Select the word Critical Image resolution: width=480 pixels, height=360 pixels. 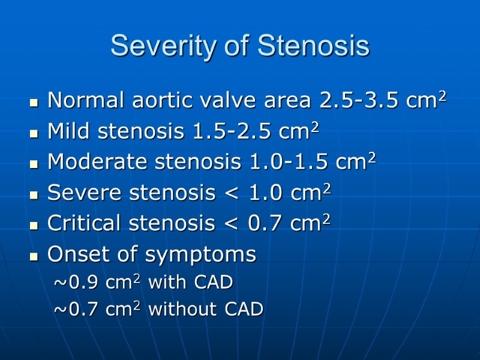(x=82, y=223)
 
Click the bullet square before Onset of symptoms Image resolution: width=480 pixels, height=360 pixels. (x=34, y=256)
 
